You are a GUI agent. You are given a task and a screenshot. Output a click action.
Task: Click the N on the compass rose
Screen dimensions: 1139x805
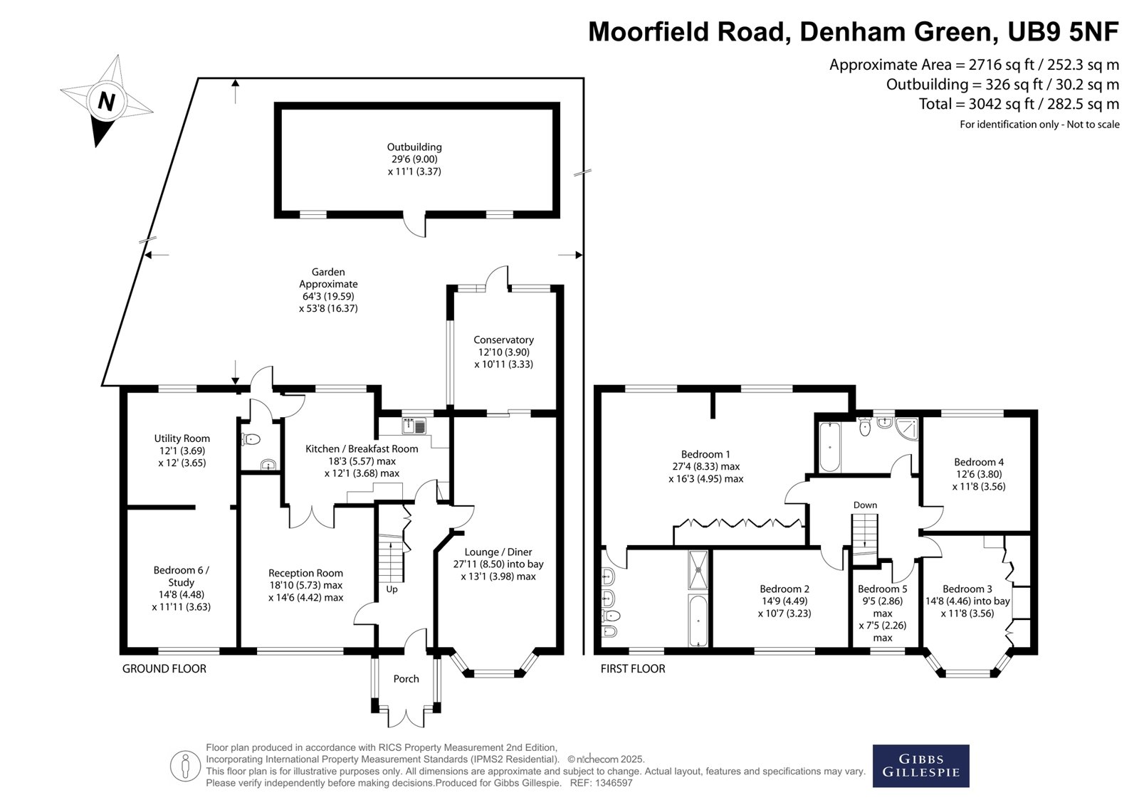coord(106,101)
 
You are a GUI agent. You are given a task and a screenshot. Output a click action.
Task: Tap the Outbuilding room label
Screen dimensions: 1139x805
coord(414,147)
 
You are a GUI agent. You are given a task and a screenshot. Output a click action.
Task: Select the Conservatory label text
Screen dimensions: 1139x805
coord(503,340)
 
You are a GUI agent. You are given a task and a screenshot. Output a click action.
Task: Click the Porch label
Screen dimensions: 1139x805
coord(406,678)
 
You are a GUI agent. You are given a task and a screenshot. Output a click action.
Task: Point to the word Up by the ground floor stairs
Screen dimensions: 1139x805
coord(392,589)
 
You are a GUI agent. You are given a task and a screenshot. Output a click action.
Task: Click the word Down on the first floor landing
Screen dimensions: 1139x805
coord(865,505)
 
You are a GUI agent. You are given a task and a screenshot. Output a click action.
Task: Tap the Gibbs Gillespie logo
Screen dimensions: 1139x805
coord(921,766)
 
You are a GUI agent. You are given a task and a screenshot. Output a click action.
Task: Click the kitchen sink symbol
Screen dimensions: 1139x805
coord(414,426)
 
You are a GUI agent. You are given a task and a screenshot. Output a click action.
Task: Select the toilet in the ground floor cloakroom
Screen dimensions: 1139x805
coord(251,439)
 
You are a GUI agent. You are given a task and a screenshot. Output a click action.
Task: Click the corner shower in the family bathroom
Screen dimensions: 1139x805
coord(907,428)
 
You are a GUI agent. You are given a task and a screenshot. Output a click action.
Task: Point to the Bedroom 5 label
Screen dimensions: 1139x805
coord(882,589)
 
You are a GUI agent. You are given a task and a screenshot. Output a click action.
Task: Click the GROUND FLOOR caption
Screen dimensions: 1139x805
coord(164,669)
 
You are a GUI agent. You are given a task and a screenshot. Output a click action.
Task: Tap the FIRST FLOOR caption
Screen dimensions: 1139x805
coord(633,669)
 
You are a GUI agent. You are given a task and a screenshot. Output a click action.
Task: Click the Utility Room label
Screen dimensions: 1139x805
coord(182,438)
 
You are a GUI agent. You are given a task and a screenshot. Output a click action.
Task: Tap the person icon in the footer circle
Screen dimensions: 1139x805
coord(185,766)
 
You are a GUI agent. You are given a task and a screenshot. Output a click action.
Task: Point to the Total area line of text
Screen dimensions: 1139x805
coord(1019,104)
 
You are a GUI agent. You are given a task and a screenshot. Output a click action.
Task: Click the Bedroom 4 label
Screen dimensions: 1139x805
coord(979,462)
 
